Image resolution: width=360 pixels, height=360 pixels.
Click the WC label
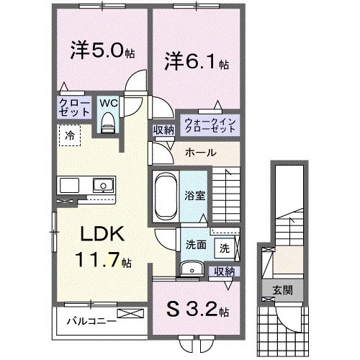[x=107, y=103]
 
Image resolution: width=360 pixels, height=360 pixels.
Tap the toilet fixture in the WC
[x=108, y=124]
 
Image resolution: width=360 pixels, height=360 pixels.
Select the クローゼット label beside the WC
[x=75, y=108]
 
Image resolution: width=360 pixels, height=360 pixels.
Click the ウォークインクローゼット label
[x=210, y=126]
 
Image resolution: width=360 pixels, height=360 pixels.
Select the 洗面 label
[x=195, y=243]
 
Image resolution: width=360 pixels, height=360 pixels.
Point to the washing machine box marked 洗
[x=225, y=248]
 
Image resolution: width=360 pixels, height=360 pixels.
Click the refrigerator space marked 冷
[x=71, y=135]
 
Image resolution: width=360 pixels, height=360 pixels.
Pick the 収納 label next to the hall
[x=162, y=131]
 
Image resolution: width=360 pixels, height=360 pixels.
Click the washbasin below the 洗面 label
[x=189, y=269]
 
